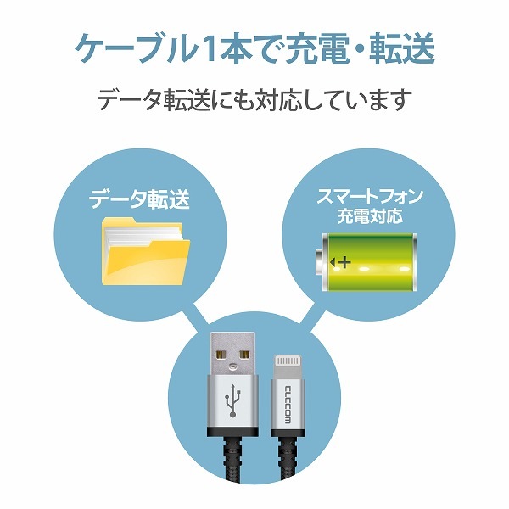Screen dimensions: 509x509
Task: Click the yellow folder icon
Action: point(146,252)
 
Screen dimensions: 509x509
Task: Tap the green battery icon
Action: point(366,262)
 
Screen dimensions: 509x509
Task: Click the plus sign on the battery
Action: point(346,262)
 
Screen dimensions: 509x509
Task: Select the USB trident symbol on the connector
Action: point(232,400)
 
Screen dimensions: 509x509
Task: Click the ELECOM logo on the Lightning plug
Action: point(288,405)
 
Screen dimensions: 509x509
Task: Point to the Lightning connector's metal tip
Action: point(287,366)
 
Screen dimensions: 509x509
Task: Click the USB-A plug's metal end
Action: point(232,354)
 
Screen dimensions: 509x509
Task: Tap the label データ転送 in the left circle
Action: point(139,199)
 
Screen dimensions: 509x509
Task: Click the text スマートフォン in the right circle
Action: point(370,197)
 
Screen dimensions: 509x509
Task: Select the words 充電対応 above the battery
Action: point(370,215)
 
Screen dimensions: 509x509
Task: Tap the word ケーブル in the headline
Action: point(137,49)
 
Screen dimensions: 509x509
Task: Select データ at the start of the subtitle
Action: point(129,100)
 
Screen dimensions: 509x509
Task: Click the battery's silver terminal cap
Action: point(320,262)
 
